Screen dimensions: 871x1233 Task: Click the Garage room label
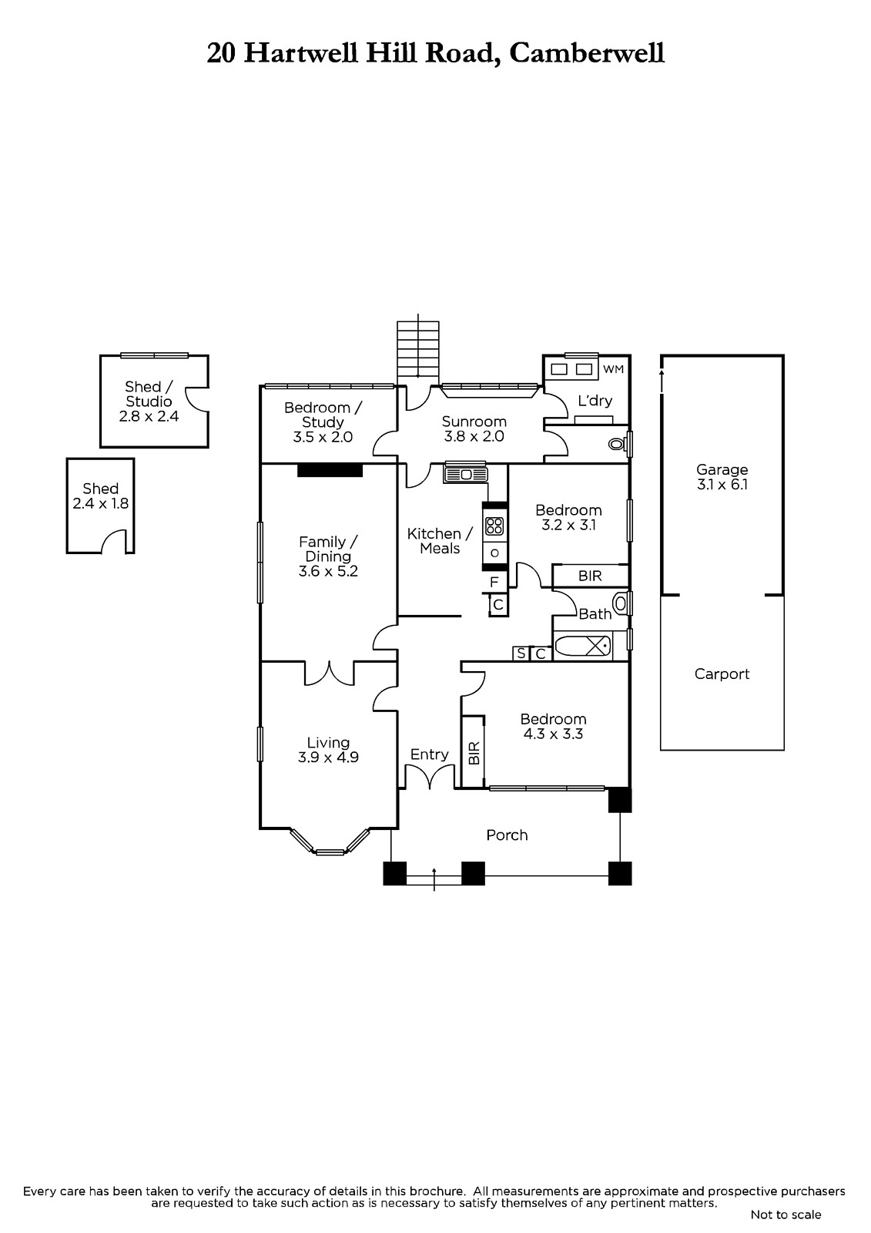pos(722,469)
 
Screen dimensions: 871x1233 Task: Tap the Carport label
pos(722,674)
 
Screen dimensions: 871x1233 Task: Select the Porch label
pos(507,835)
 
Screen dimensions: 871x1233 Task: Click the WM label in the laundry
pos(614,369)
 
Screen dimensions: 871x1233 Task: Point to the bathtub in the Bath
pos(583,646)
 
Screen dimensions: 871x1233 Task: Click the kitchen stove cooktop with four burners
pos(494,526)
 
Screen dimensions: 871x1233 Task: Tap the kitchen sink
pos(466,475)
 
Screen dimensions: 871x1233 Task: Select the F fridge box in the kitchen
pos(494,582)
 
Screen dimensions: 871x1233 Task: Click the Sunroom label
pos(474,422)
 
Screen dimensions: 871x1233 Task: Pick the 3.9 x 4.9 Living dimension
pos(328,758)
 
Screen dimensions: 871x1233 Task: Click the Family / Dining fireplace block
pos(330,469)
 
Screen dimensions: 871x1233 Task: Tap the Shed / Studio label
pos(149,394)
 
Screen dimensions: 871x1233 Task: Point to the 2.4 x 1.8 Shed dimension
pos(101,504)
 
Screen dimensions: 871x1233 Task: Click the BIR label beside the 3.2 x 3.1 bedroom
pos(590,576)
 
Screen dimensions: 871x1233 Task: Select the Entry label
pos(429,754)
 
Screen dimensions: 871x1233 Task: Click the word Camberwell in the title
pos(587,54)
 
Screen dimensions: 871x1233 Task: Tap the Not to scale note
pos(786,1215)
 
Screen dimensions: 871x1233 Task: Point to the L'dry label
pos(595,401)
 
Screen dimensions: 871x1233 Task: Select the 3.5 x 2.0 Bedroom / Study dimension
pos(323,437)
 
